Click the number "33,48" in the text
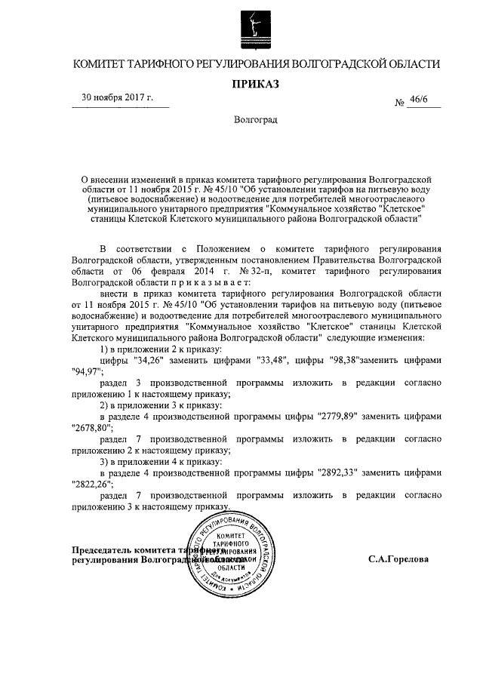[x=273, y=361]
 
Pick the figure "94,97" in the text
[x=87, y=372]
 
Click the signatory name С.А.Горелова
[x=398, y=560]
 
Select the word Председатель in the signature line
[x=109, y=549]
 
